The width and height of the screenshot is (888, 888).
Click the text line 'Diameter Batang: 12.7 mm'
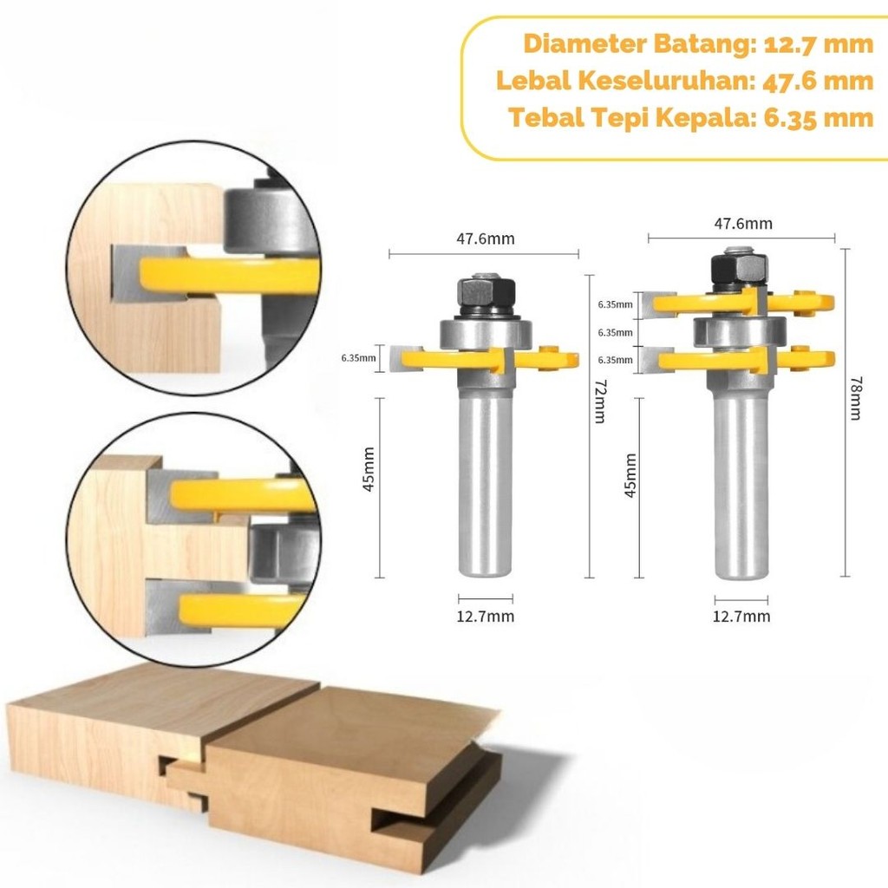coord(698,44)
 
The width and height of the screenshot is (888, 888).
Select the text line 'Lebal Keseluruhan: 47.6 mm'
coord(684,81)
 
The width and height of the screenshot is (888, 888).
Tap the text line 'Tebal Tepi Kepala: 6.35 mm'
coord(690,117)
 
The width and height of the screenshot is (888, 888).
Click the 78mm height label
coord(856,398)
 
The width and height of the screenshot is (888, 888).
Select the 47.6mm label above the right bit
coord(743,224)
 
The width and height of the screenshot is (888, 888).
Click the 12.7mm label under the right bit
coord(741,617)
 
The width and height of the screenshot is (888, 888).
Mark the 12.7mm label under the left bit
coord(485,617)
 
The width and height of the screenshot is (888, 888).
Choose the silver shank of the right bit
coord(740,486)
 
